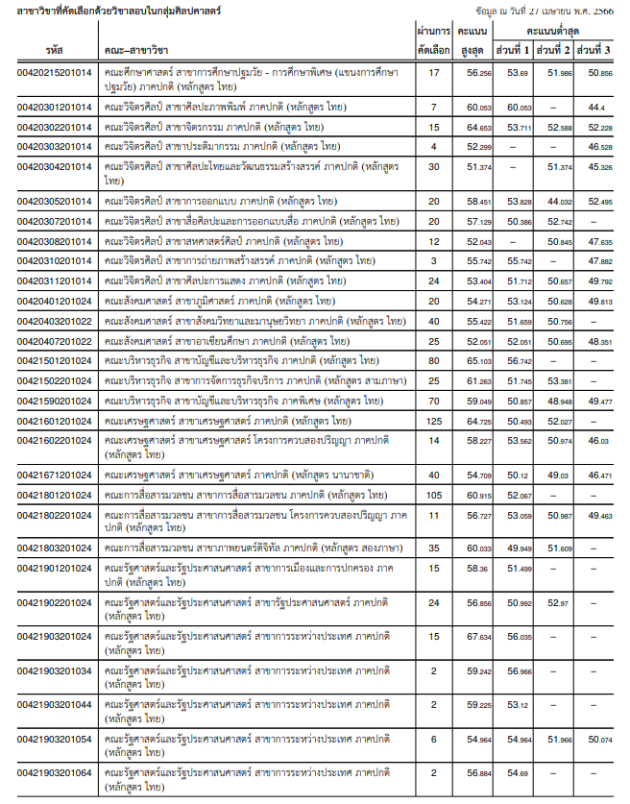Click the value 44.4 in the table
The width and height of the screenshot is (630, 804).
pos(595,108)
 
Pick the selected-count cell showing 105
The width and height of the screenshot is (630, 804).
pos(433,496)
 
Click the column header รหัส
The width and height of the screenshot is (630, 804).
pos(54,48)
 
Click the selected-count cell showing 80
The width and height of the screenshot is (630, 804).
pos(433,361)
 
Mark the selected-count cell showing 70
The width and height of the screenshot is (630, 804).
pos(433,402)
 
